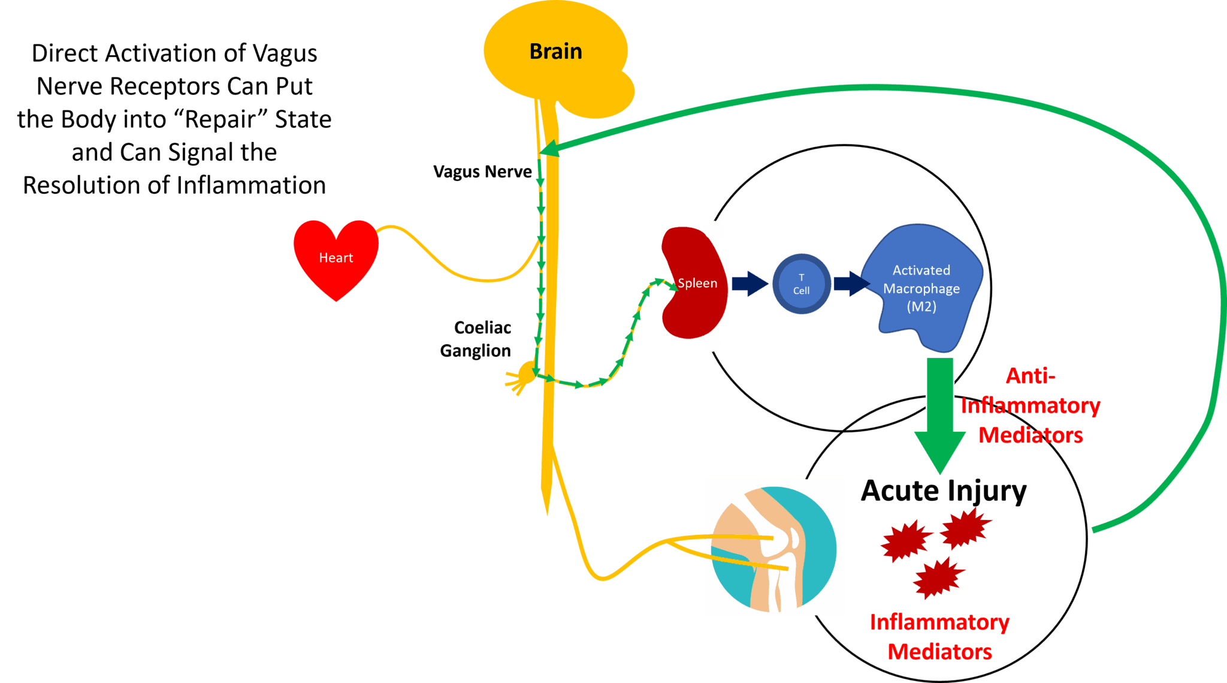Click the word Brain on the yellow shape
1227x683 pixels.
[555, 52]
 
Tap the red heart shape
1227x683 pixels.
[336, 258]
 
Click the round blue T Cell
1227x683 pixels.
[801, 284]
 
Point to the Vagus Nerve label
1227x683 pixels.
[482, 171]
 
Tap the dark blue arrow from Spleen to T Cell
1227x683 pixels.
[750, 284]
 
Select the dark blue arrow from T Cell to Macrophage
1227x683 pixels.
[851, 284]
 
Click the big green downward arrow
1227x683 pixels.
[939, 414]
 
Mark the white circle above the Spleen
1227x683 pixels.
[714, 230]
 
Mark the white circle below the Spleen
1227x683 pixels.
[711, 342]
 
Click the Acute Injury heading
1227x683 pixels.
[943, 491]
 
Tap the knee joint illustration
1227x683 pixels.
[775, 547]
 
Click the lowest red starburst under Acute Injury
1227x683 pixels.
[938, 578]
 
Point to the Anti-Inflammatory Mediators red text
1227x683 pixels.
[1030, 405]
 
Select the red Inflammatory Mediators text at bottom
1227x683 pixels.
[939, 637]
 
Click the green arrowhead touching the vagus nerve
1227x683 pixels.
[550, 148]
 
